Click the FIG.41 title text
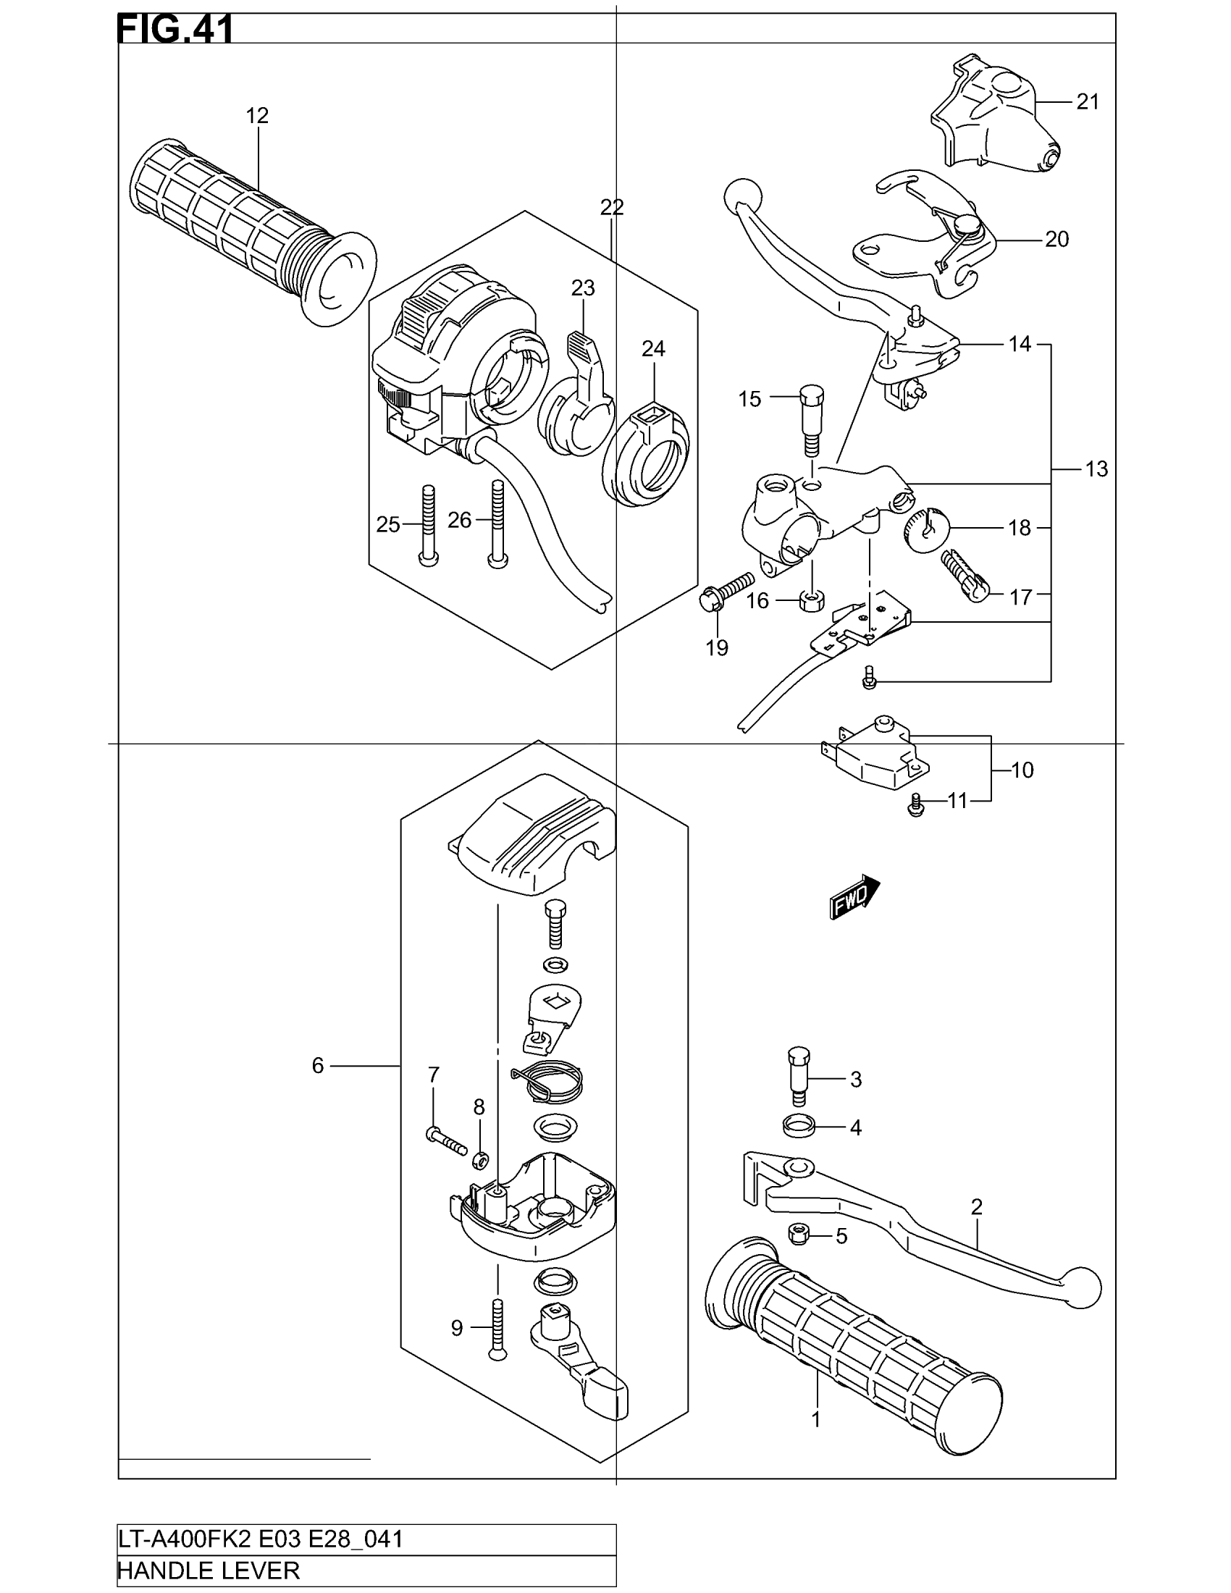point(175,30)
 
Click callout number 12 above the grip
point(257,116)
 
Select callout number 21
point(1088,102)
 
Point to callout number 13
point(1096,469)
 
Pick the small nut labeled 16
point(812,601)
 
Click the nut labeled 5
point(799,1235)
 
